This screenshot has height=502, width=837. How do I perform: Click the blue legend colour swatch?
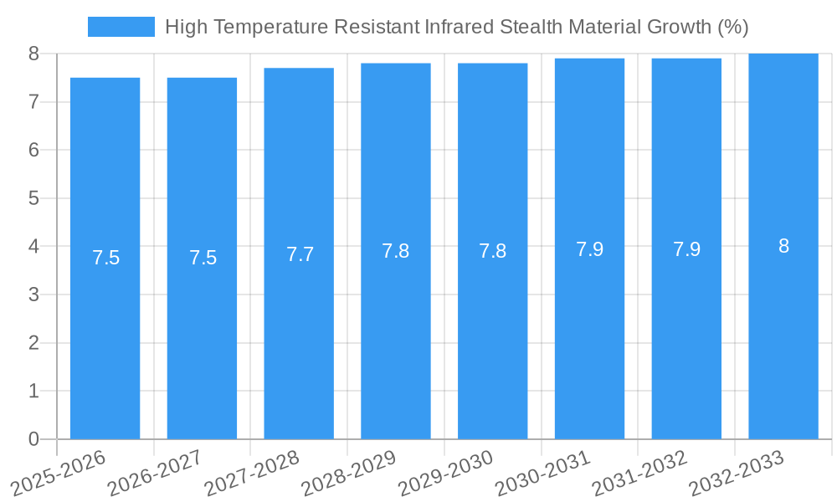pos(121,27)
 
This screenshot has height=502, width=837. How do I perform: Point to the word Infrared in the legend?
pos(460,27)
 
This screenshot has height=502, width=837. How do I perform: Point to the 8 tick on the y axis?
pos(33,54)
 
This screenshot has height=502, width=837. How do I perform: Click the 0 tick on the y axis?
pos(33,439)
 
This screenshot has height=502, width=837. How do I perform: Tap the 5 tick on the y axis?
pos(33,198)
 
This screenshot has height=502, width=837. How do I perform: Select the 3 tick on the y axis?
pos(33,295)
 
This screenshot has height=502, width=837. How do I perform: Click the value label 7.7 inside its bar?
pos(300,254)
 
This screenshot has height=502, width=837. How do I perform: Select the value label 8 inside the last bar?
pos(783,246)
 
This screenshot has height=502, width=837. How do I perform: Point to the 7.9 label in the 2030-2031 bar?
pos(589,249)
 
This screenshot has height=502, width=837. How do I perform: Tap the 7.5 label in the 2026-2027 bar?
pos(203,258)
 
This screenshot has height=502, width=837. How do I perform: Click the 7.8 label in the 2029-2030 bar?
pos(492,251)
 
